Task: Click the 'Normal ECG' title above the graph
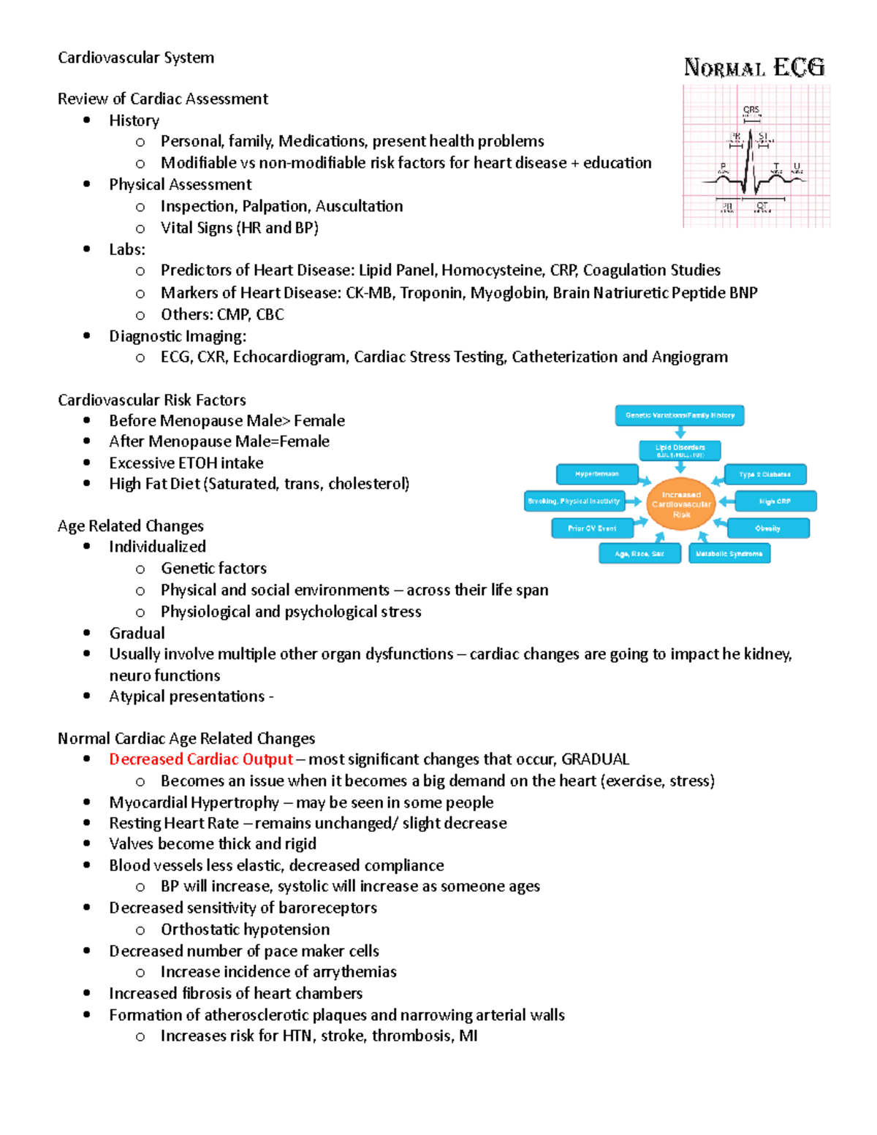(x=754, y=68)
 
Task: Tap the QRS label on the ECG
(x=751, y=110)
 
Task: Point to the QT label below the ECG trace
(x=762, y=207)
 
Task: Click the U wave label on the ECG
(x=797, y=167)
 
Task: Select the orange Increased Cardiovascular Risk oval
(x=681, y=504)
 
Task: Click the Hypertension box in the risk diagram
(x=596, y=474)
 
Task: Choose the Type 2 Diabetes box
(x=764, y=474)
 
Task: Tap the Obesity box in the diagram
(x=767, y=528)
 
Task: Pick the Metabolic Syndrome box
(x=729, y=554)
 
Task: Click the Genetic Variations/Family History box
(x=680, y=415)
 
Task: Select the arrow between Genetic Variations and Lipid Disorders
(x=680, y=433)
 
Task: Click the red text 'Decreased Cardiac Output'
(x=201, y=759)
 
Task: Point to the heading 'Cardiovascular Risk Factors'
(x=152, y=400)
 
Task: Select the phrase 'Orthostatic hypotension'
(x=245, y=930)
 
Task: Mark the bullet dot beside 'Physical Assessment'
(x=87, y=184)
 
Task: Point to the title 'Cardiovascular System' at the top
(x=136, y=58)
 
